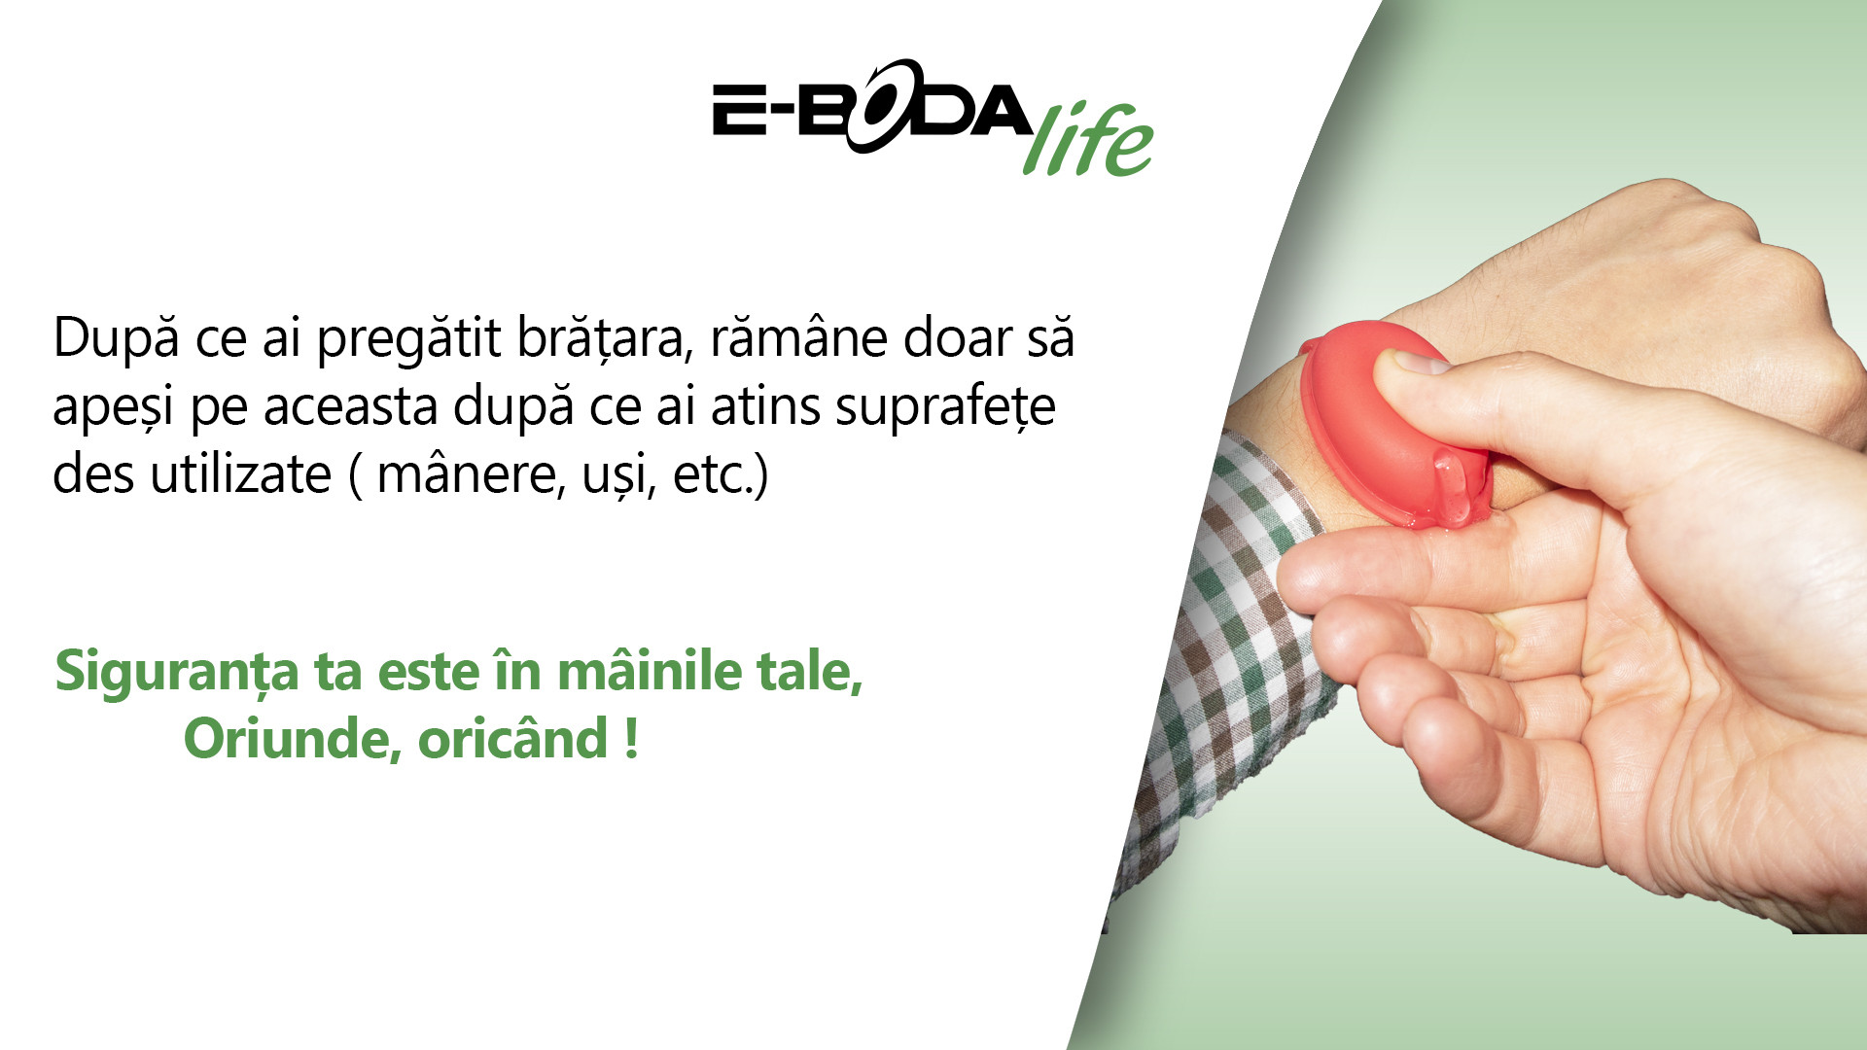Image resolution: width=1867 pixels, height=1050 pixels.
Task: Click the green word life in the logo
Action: coord(1088,140)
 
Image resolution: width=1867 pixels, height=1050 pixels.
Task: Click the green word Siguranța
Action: coord(177,673)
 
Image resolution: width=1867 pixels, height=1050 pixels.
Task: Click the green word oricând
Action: coord(513,738)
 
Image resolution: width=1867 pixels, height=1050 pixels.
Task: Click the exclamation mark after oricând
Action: coord(631,739)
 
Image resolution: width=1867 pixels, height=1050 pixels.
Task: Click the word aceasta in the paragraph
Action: coord(349,407)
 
